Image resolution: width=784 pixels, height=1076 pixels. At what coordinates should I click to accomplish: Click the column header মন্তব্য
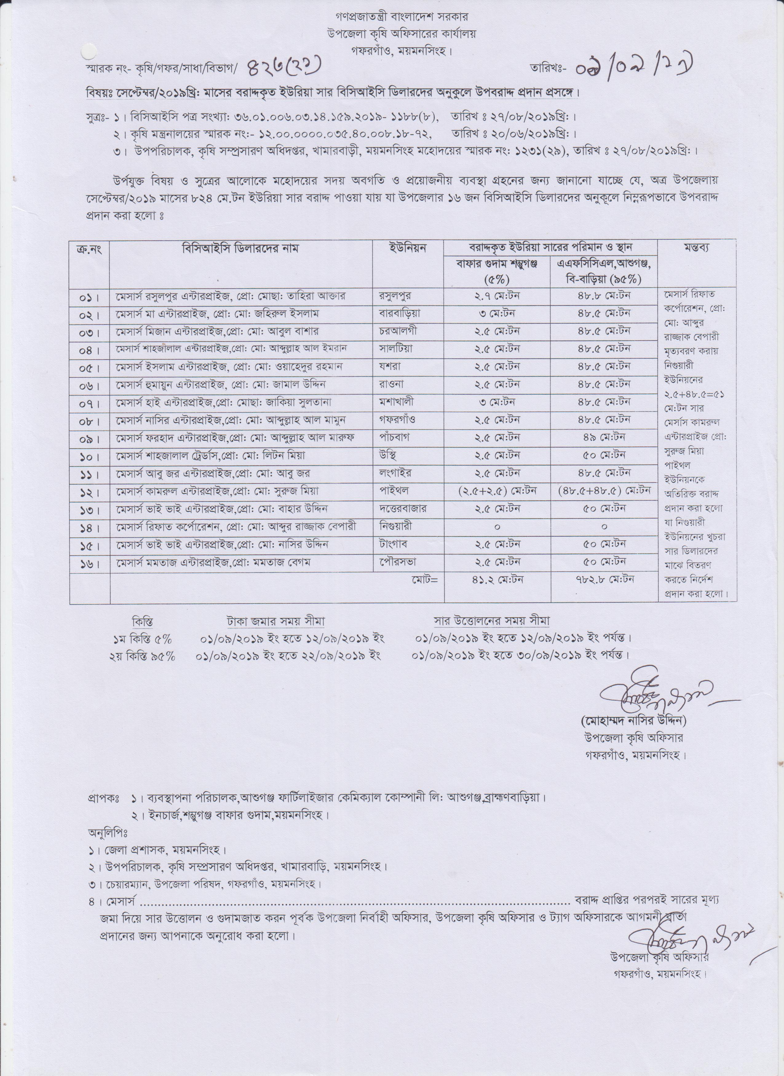click(697, 248)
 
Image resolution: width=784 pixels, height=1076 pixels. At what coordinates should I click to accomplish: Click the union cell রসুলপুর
click(394, 296)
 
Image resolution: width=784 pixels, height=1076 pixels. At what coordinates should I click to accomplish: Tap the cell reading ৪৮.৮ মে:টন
click(604, 296)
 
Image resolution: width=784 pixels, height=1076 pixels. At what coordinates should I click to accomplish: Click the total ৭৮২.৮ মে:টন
click(604, 579)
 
